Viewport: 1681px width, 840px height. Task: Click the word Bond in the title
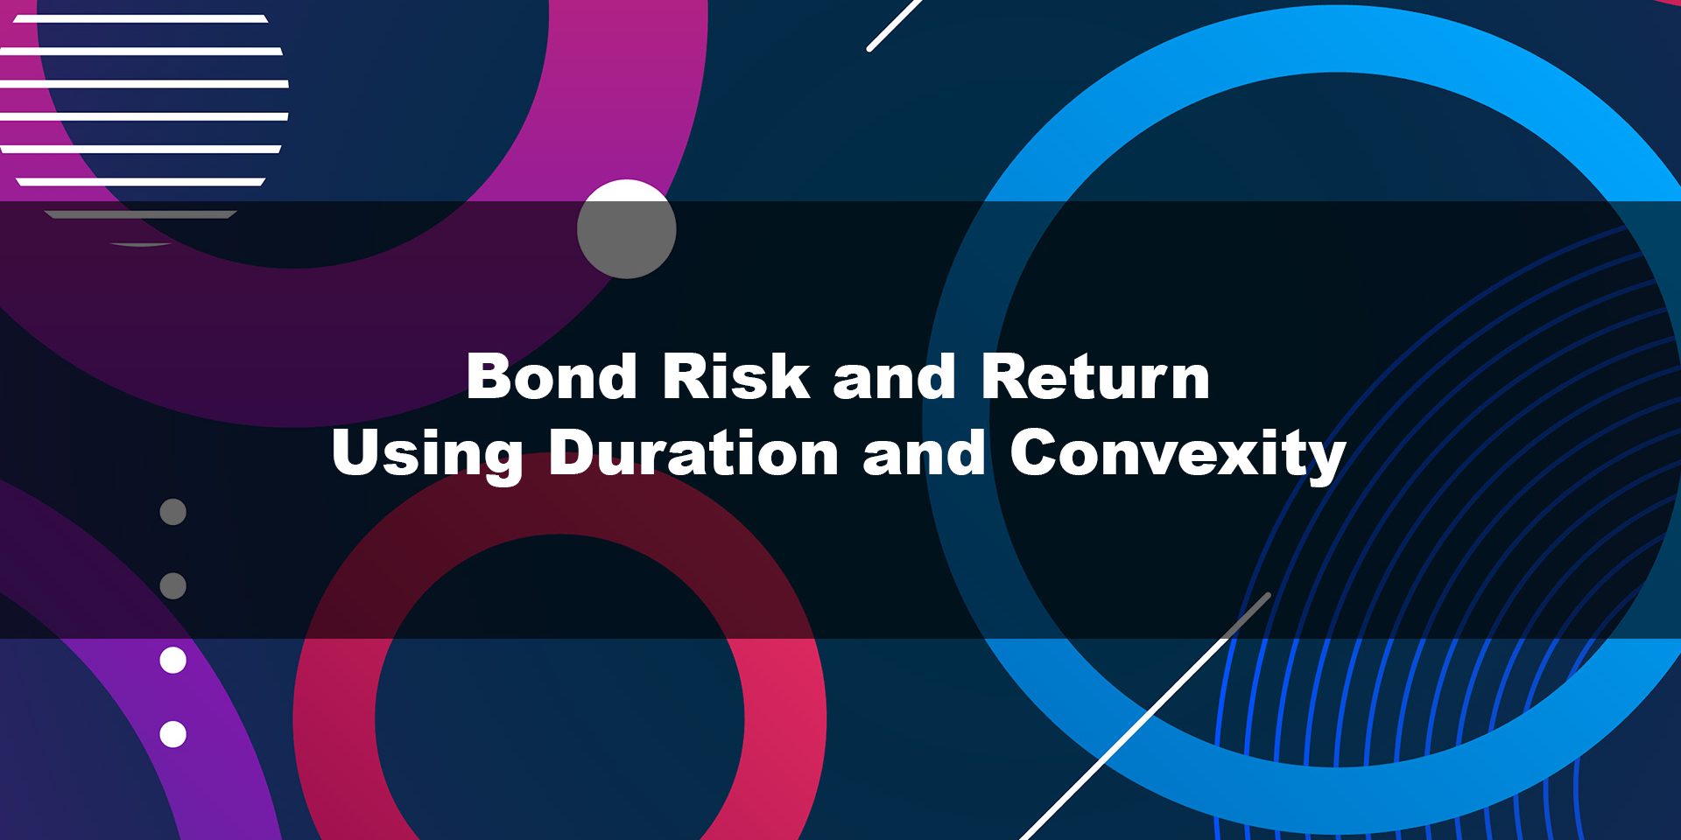(552, 376)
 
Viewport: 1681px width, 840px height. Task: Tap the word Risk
(735, 376)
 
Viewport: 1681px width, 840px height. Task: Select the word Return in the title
(1095, 376)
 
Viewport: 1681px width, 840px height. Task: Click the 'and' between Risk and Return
(895, 376)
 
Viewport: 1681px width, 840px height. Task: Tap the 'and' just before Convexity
(925, 452)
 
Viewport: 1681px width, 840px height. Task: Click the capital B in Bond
(489, 376)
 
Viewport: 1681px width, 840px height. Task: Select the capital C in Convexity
(1035, 452)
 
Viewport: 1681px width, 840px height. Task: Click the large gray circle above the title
(627, 229)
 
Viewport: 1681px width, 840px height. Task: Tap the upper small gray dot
(173, 512)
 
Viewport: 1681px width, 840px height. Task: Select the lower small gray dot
(173, 585)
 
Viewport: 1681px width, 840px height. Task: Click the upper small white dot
(173, 661)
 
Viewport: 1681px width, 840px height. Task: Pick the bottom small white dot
(173, 734)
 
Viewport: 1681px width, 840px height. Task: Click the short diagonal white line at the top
(895, 24)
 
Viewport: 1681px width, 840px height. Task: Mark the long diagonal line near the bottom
(1145, 717)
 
